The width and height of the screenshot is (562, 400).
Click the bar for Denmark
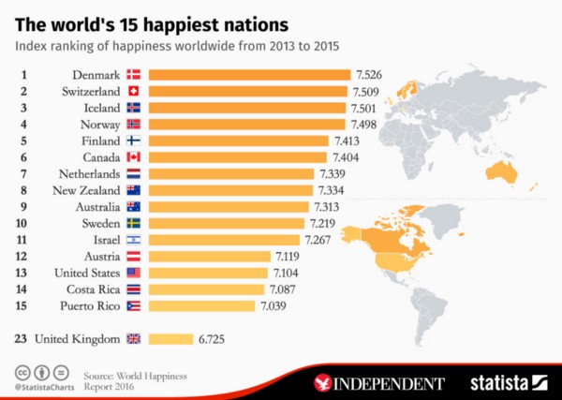pos(249,74)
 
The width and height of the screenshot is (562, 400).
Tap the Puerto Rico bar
pos(200,306)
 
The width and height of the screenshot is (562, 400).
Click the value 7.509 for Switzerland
pos(368,91)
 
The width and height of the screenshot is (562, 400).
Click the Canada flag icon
pos(133,157)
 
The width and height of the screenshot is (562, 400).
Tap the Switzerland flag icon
pos(133,91)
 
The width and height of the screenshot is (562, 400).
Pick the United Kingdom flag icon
pos(133,339)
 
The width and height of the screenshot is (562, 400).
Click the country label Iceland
pos(97,108)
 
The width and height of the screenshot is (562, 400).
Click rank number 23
pos(20,339)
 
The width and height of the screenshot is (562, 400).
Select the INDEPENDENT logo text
pos(392,383)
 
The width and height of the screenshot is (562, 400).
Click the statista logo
pos(511,382)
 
